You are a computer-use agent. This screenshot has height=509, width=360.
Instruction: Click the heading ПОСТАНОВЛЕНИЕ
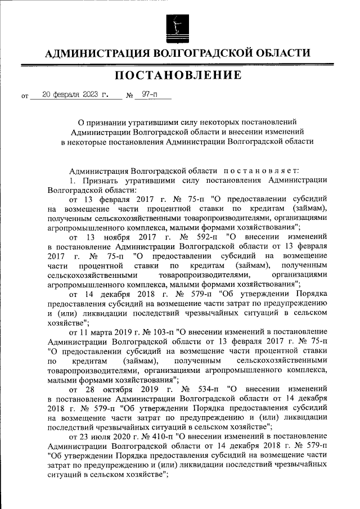[179, 75]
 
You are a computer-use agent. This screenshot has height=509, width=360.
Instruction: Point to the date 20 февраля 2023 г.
[75, 94]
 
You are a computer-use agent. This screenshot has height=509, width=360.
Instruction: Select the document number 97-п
[149, 94]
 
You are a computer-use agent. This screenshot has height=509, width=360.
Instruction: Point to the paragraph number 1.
[71, 181]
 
